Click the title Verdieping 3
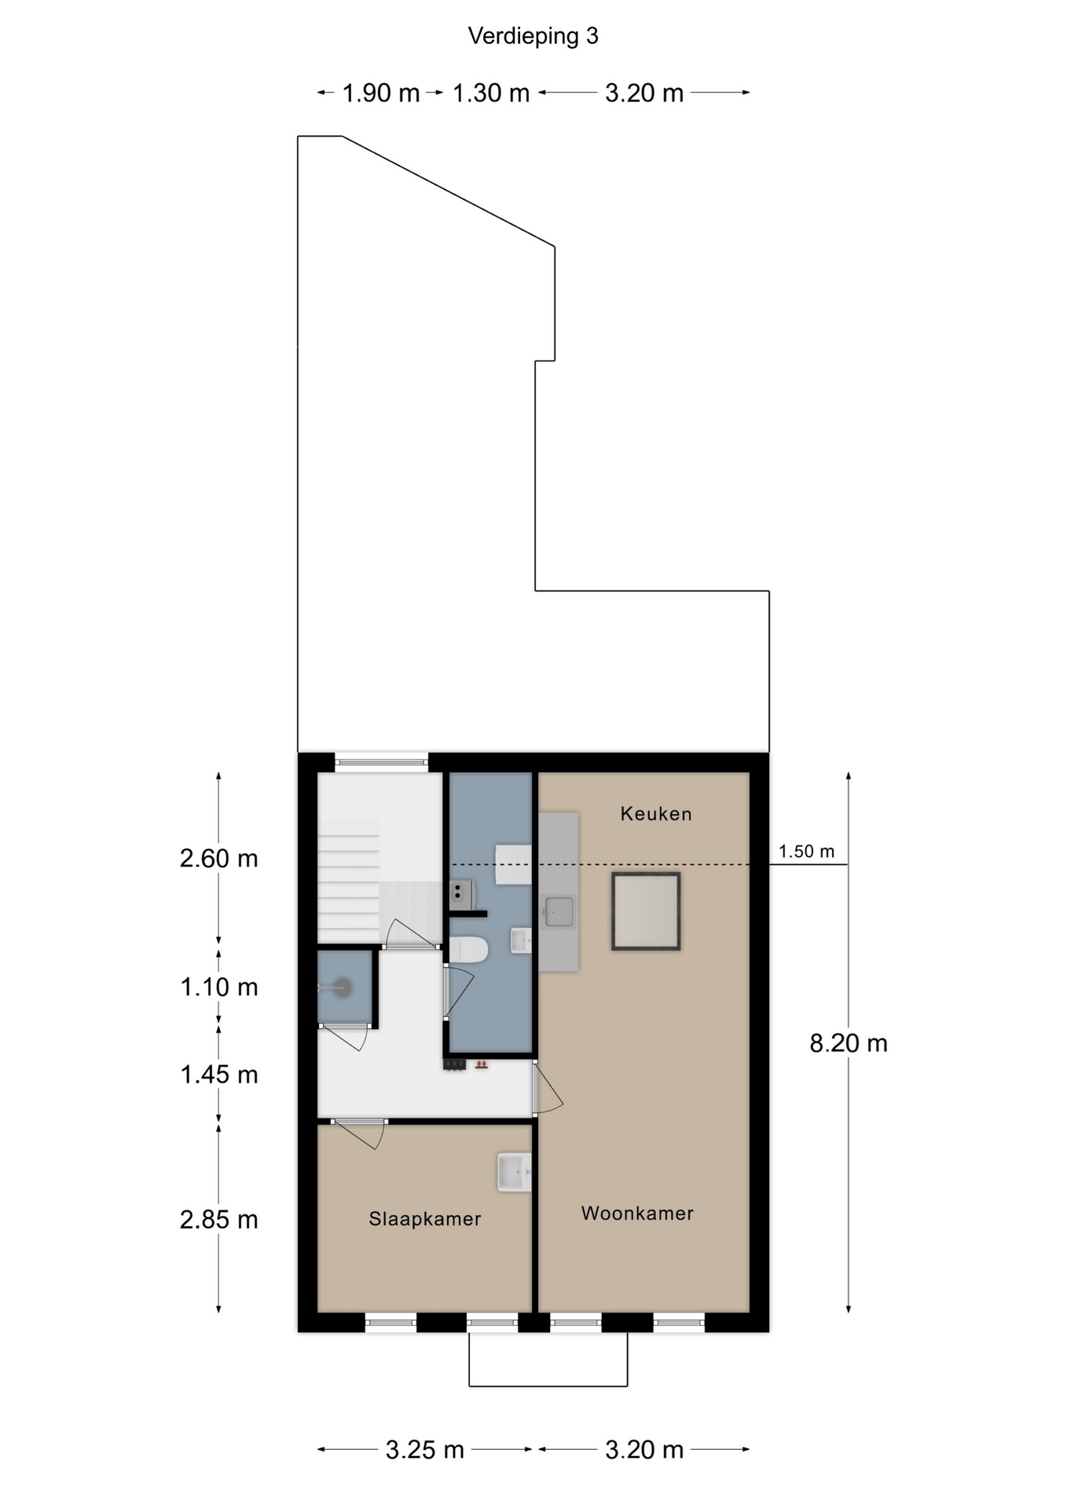point(533,36)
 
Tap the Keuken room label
point(656,814)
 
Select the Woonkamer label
point(637,1213)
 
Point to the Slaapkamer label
point(425,1219)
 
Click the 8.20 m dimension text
point(849,1043)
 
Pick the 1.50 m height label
point(806,851)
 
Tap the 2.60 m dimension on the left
point(219,858)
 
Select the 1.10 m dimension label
point(219,987)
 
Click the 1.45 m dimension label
point(219,1074)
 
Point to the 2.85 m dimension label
point(219,1220)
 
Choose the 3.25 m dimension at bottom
point(425,1450)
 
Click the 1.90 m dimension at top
point(381,93)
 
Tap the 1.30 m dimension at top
point(491,93)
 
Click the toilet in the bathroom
point(468,950)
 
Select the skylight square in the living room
point(646,911)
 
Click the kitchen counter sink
point(559,912)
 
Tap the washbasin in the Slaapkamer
point(515,1172)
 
